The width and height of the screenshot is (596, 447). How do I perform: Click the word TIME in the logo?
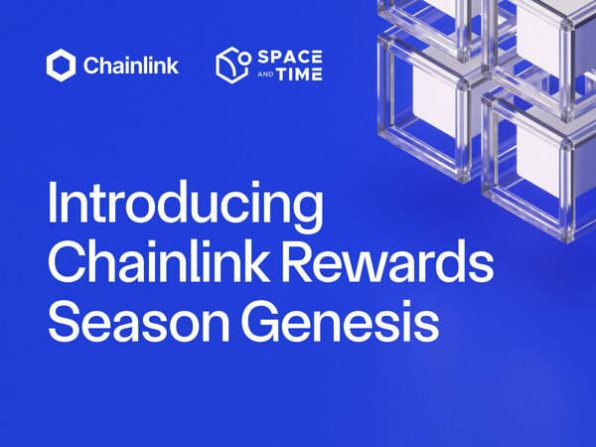(304, 75)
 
